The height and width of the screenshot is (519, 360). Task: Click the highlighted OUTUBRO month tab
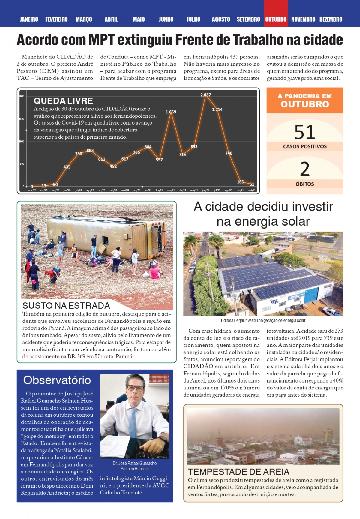(276, 19)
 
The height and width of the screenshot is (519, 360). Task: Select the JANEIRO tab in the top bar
(29, 19)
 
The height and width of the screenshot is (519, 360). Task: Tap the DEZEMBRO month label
(331, 19)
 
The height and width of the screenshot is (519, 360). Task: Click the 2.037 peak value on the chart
(206, 95)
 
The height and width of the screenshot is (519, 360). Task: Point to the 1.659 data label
(171, 112)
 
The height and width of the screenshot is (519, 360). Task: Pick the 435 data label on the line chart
(67, 167)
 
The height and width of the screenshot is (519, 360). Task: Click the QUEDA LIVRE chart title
(63, 101)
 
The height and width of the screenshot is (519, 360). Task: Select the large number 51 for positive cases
(304, 132)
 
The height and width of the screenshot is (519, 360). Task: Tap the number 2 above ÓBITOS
(305, 169)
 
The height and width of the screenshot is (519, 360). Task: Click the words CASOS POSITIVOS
(305, 146)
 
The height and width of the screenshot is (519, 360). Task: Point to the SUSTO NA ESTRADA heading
(66, 306)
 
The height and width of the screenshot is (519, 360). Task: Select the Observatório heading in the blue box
(57, 380)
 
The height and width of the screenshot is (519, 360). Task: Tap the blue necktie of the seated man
(133, 423)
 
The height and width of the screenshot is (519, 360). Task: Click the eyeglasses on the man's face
(135, 388)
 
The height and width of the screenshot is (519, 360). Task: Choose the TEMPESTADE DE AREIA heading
(238, 472)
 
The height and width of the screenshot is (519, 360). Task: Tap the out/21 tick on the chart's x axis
(252, 190)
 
